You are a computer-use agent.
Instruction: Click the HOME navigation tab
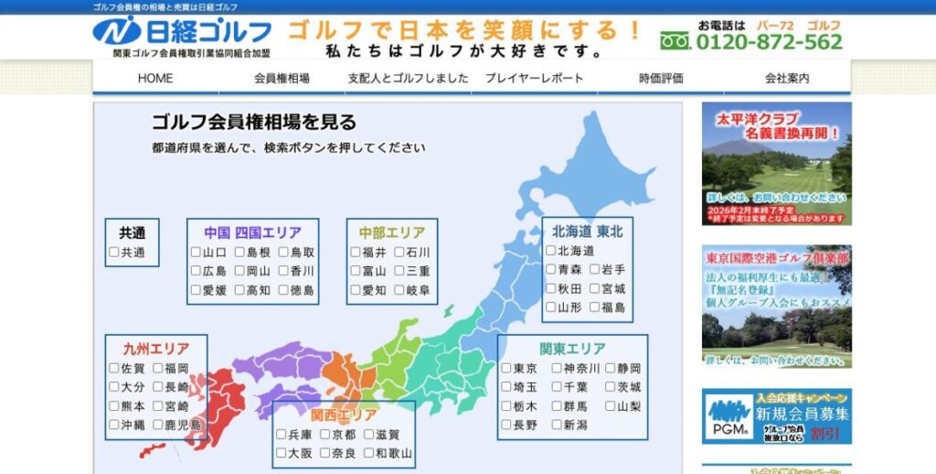[x=155, y=79]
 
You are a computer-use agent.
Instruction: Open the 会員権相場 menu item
[x=282, y=79]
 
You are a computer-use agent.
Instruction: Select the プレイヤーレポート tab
[x=535, y=79]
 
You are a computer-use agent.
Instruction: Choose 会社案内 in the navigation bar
[x=787, y=79]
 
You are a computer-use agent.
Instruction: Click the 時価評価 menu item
[x=661, y=79]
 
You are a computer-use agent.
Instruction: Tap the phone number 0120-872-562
[x=769, y=42]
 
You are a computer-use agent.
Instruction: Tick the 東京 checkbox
[x=506, y=369]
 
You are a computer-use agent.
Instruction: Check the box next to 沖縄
[x=114, y=425]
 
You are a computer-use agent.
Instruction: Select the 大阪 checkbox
[x=282, y=453]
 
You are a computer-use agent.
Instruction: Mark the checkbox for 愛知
[x=356, y=290]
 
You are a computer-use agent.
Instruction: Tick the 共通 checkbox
[x=114, y=253]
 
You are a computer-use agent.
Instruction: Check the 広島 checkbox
[x=196, y=271]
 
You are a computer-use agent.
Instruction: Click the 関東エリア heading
[x=572, y=349]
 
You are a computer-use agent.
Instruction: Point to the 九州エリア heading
[x=156, y=349]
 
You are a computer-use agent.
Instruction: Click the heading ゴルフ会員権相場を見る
[x=254, y=123]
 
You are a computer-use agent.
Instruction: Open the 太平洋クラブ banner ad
[x=776, y=164]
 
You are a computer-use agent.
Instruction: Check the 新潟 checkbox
[x=557, y=426]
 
